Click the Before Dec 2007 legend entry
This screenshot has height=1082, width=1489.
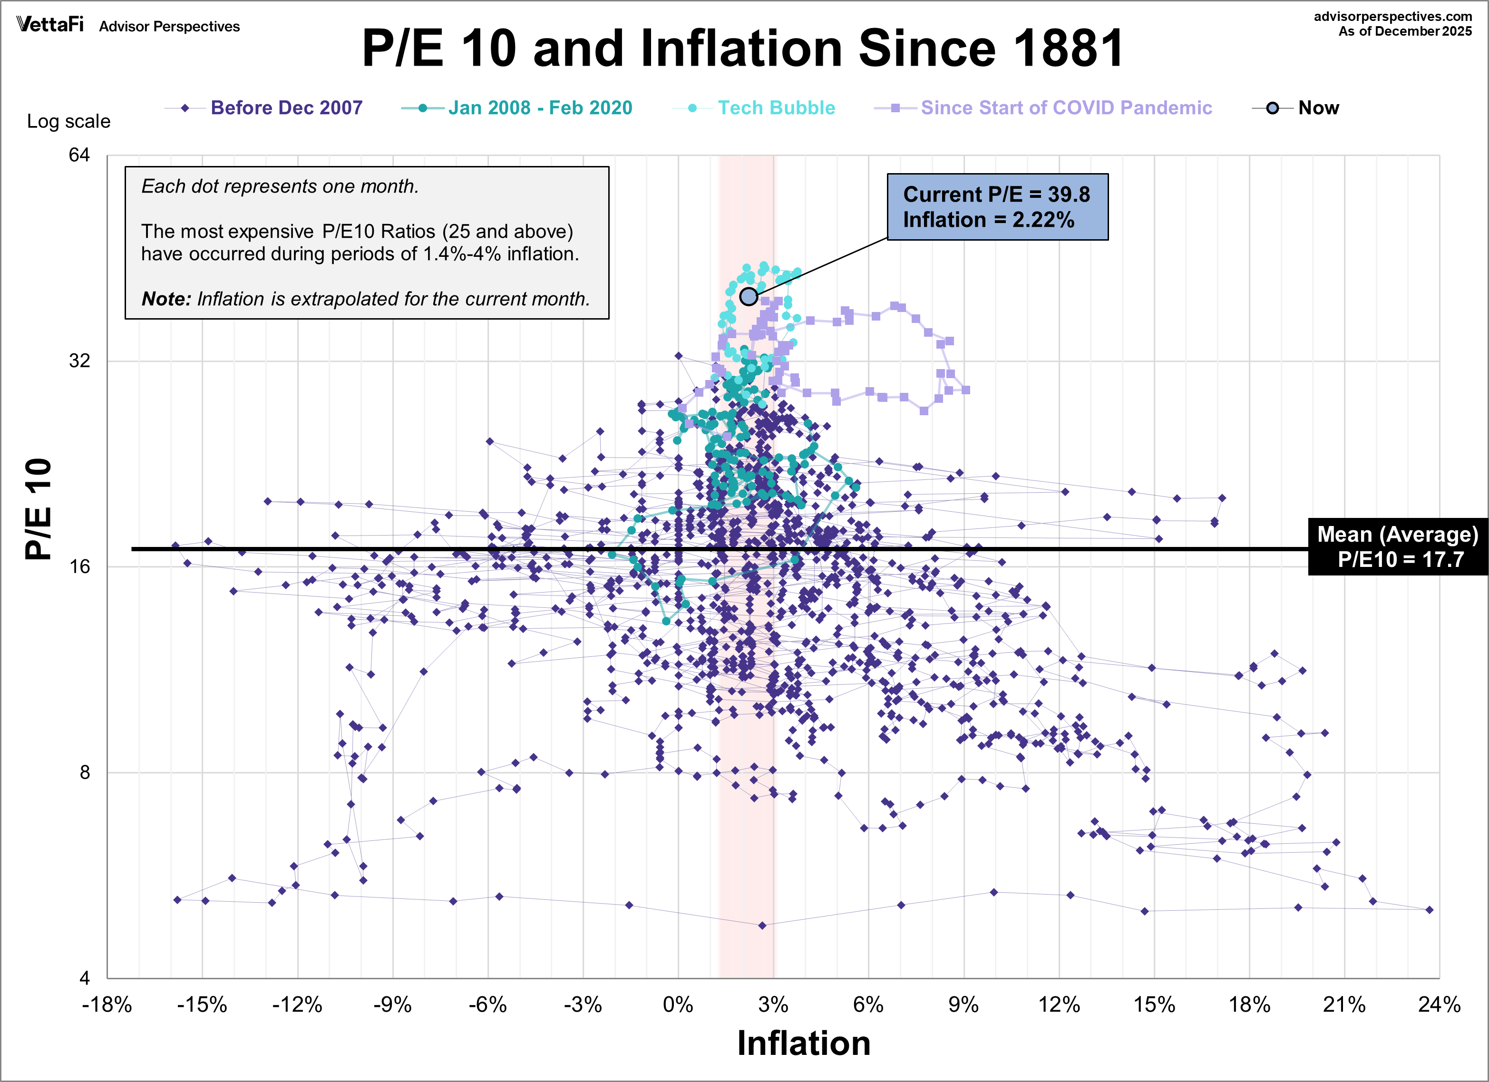286,107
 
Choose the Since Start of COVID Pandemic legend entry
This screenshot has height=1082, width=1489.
1066,107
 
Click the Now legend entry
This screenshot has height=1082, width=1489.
1318,107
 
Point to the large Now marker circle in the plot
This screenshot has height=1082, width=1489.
749,297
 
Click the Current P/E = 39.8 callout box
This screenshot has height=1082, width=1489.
997,207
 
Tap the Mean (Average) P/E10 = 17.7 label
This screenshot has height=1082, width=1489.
1397,547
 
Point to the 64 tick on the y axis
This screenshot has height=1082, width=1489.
79,155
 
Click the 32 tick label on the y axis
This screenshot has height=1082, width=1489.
79,361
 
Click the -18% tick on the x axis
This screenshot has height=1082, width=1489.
107,1004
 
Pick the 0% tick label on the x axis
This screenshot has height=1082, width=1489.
678,1004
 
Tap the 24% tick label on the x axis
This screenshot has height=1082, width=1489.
1439,1004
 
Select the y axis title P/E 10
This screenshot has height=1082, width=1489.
38,509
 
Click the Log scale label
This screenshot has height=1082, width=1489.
68,121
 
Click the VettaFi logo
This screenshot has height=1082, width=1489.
50,25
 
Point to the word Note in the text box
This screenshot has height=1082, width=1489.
165,299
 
